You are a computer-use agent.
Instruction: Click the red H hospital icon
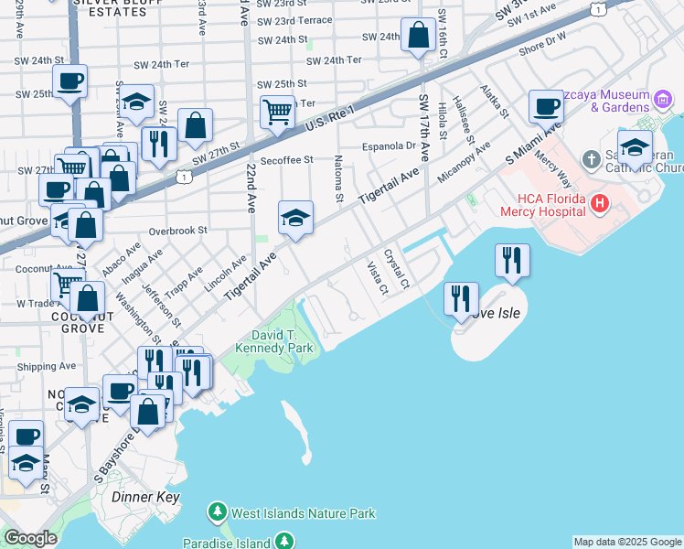(x=600, y=202)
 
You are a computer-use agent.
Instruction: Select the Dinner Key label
(x=145, y=497)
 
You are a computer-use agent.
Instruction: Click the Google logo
(x=30, y=538)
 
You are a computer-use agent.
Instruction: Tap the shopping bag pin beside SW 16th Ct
(x=418, y=38)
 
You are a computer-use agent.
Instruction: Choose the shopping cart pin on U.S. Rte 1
(x=277, y=113)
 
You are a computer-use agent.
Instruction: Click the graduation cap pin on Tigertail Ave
(x=295, y=219)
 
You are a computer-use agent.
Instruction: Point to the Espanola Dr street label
(x=389, y=145)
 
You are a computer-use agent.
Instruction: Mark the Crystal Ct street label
(x=396, y=267)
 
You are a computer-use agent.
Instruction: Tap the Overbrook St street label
(x=178, y=231)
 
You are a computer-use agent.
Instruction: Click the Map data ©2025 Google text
(x=627, y=542)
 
